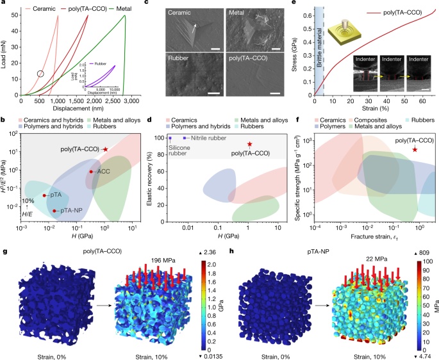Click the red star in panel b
click(x=106, y=149)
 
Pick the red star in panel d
click(x=251, y=144)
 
